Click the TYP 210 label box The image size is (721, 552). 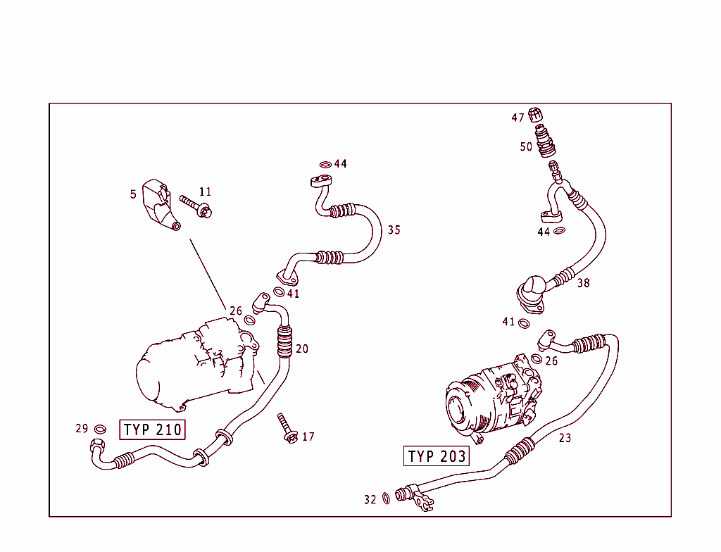153,429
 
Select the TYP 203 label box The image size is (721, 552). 437,456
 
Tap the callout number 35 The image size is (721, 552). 394,230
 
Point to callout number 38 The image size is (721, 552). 583,283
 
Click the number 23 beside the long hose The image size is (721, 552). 565,438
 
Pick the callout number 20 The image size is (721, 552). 301,349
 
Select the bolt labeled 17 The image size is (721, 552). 287,429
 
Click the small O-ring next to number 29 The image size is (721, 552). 101,429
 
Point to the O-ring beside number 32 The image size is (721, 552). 387,499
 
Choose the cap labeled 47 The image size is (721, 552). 537,115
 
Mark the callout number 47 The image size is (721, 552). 518,118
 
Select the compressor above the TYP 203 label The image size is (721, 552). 493,398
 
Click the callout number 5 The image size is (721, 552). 133,194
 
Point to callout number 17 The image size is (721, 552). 308,437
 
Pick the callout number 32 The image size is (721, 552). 370,499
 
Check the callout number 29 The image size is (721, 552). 82,428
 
